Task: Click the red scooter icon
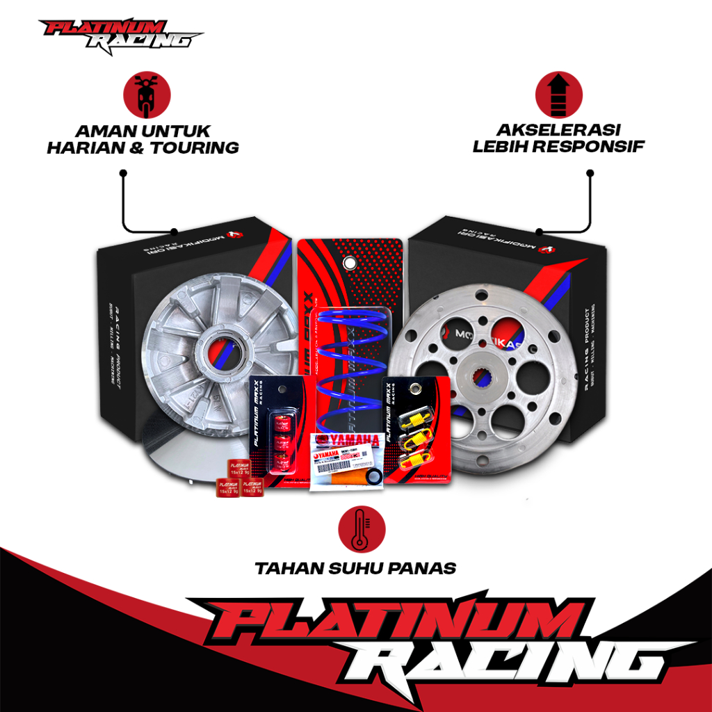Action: tap(147, 97)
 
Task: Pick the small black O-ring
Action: tap(373, 478)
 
